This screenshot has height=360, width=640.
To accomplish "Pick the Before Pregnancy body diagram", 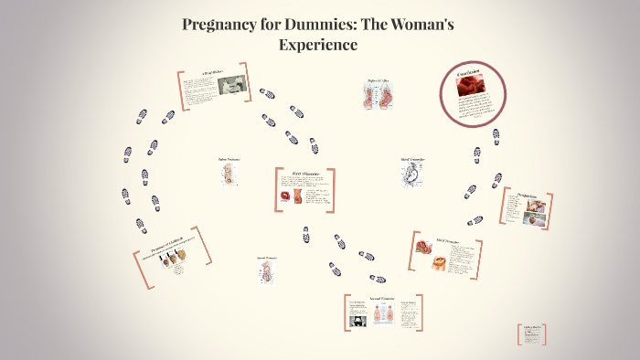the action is tap(228, 175).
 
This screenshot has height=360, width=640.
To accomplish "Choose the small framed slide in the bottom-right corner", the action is tap(531, 334).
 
